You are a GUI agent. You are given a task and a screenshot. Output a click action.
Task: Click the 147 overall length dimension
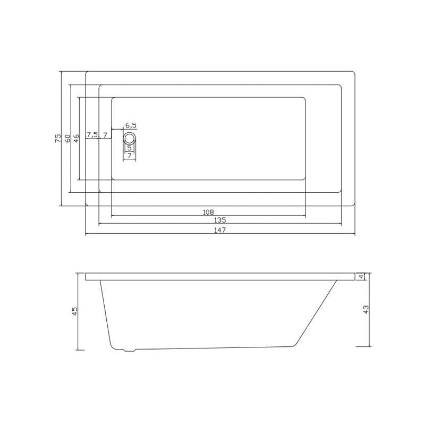pyautogui.click(x=220, y=230)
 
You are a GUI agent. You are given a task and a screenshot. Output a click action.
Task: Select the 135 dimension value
pyautogui.click(x=220, y=220)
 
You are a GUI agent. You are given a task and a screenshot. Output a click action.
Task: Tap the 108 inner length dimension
pyautogui.click(x=208, y=212)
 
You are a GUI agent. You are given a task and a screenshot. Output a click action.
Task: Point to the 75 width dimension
pyautogui.click(x=58, y=138)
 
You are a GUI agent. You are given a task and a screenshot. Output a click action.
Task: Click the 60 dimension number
pyautogui.click(x=67, y=138)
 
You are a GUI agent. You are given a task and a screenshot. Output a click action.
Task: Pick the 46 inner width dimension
pyautogui.click(x=76, y=138)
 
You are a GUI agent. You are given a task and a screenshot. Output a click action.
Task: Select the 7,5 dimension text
pyautogui.click(x=92, y=134)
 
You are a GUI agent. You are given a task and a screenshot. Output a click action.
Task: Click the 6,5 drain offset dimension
pyautogui.click(x=131, y=125)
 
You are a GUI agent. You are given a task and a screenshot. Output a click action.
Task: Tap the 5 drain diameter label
pyautogui.click(x=130, y=148)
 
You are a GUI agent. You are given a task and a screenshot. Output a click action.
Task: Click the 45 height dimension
pyautogui.click(x=74, y=311)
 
